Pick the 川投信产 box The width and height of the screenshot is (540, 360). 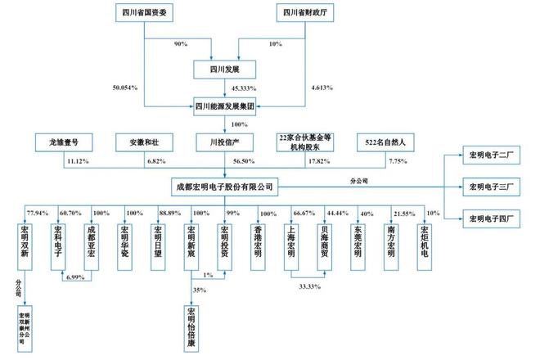[224, 141]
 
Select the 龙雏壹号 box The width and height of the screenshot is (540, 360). [68, 141]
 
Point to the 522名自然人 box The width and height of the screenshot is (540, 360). [382, 141]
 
